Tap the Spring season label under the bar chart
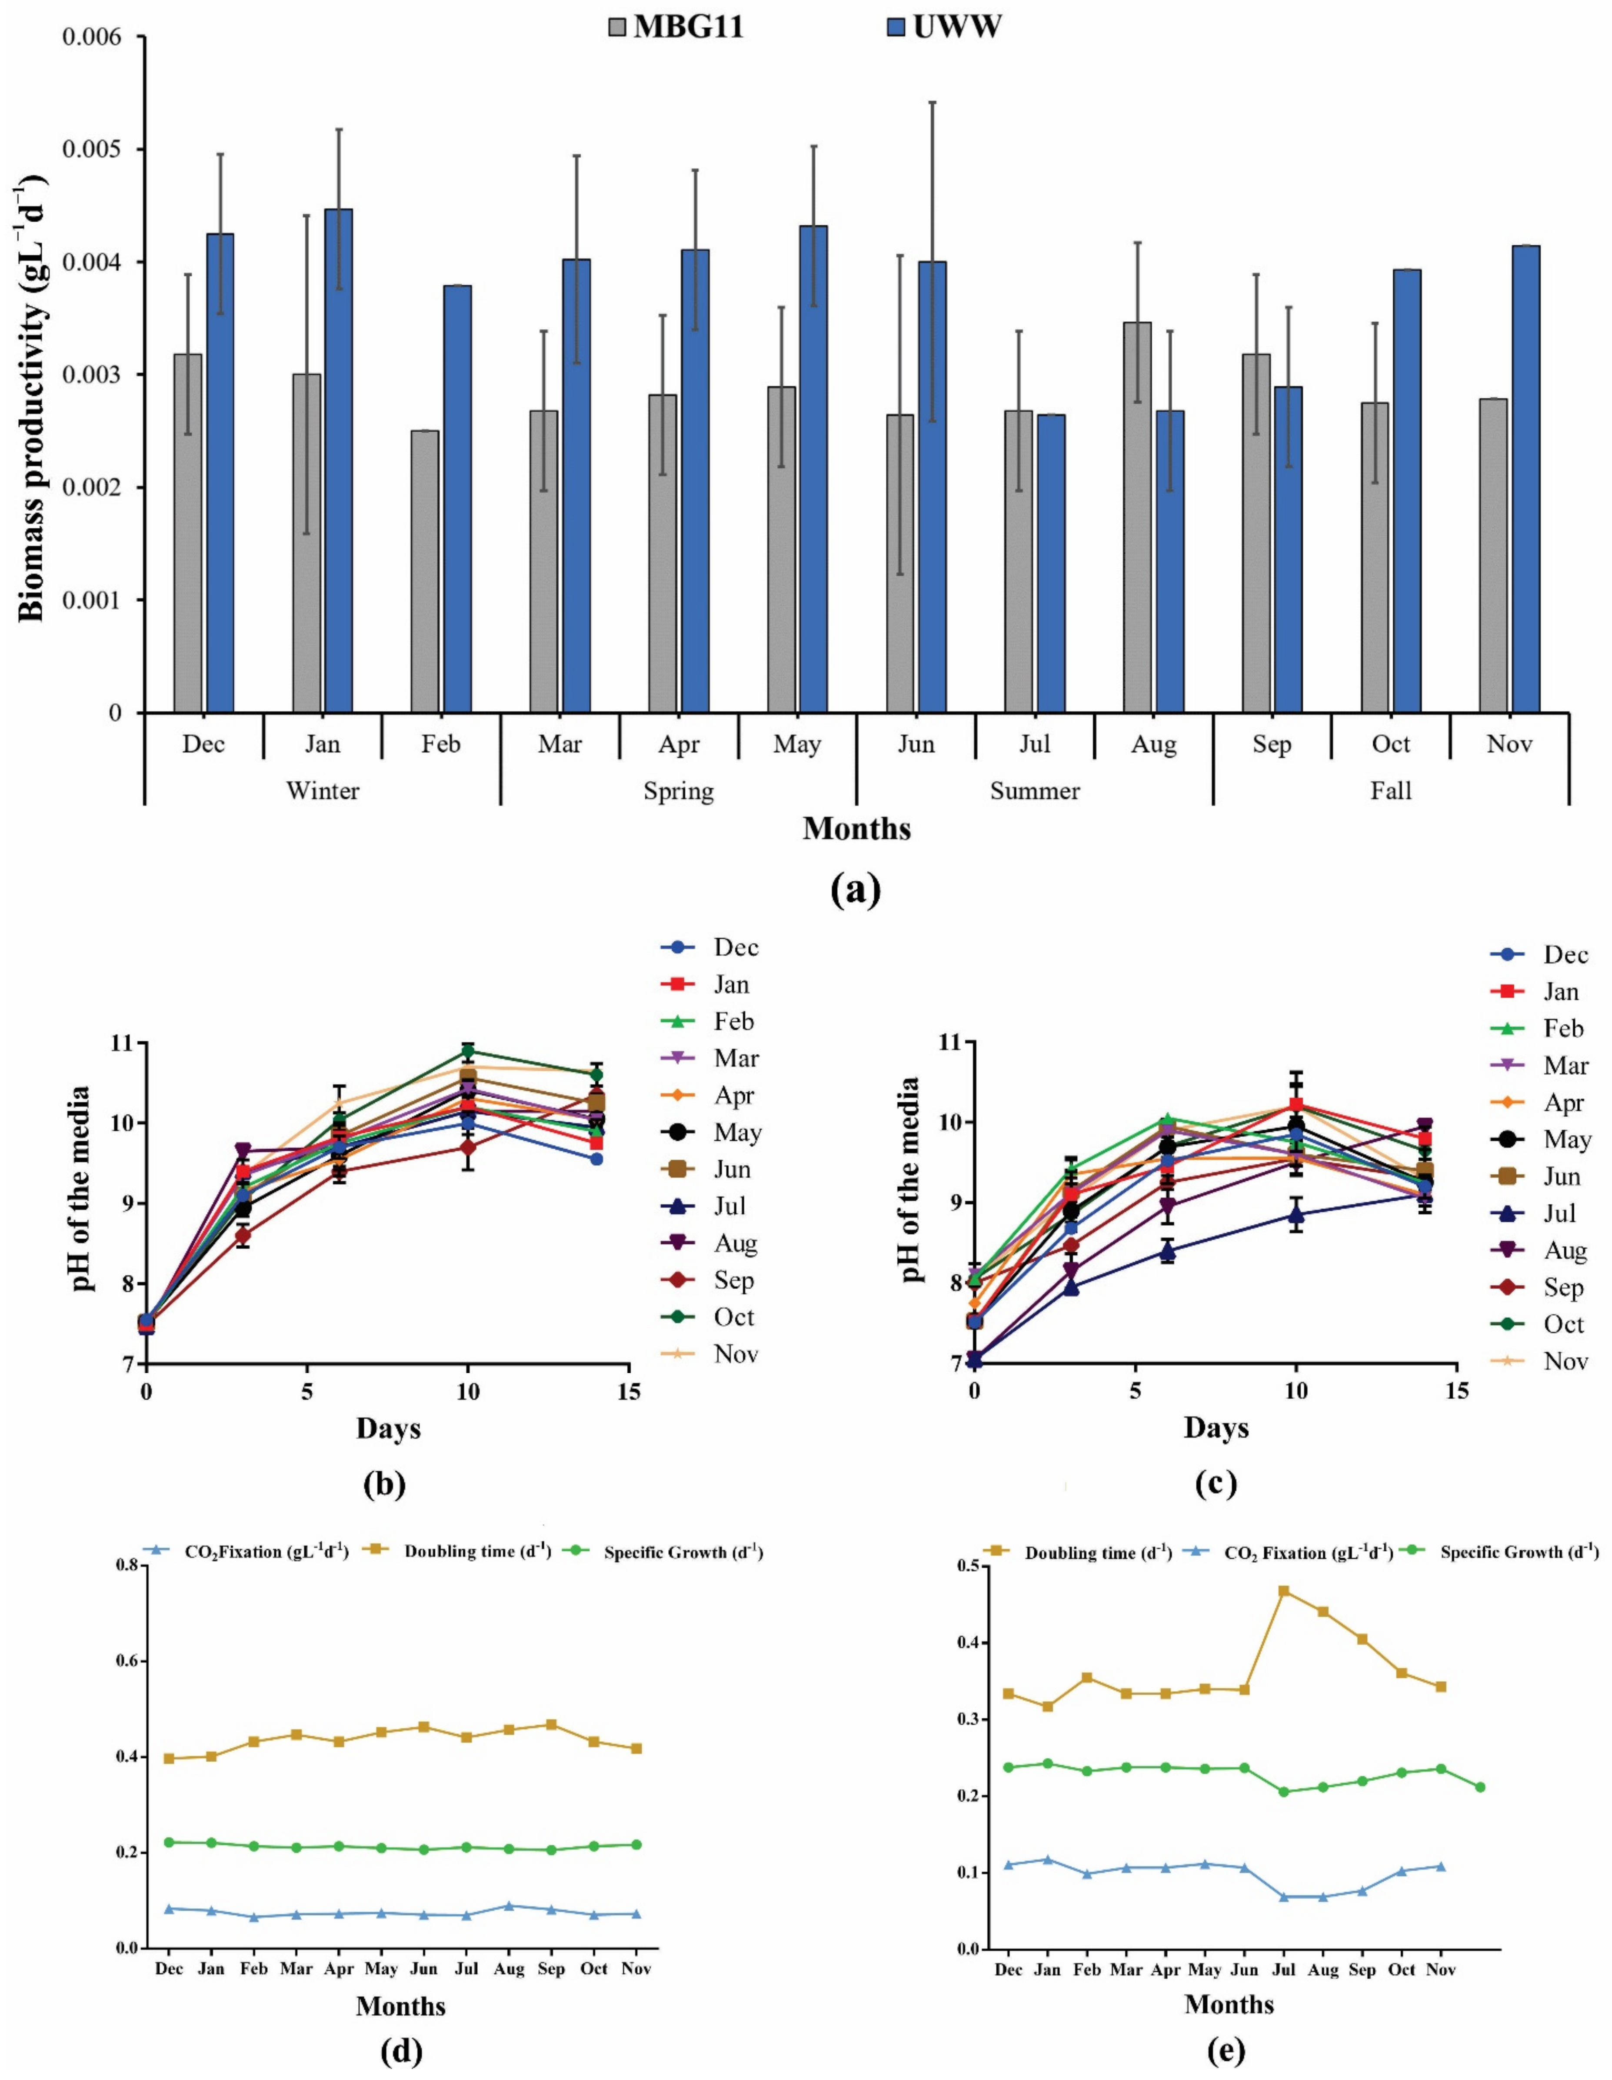click(678, 790)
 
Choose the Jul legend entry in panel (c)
click(1542, 1213)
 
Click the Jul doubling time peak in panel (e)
click(1283, 1590)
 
